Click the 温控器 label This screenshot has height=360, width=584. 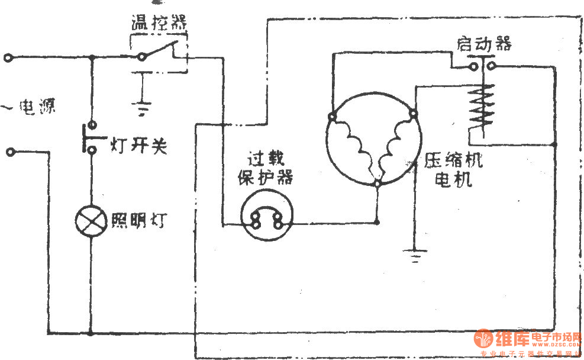pyautogui.click(x=158, y=24)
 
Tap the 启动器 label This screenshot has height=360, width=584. pyautogui.click(x=483, y=43)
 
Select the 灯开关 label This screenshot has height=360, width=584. pyautogui.click(x=138, y=144)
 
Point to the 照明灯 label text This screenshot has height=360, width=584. pyautogui.click(x=138, y=220)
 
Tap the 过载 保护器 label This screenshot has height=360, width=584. pyautogui.click(x=266, y=168)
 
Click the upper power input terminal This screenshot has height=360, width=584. pyautogui.click(x=8, y=58)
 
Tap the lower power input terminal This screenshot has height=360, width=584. pyautogui.click(x=10, y=152)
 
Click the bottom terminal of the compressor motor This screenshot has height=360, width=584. pyautogui.click(x=377, y=185)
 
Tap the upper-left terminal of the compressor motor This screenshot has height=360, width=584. pyautogui.click(x=333, y=117)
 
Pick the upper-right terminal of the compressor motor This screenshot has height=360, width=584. pyautogui.click(x=414, y=112)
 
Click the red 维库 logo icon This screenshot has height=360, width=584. pyautogui.click(x=483, y=339)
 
